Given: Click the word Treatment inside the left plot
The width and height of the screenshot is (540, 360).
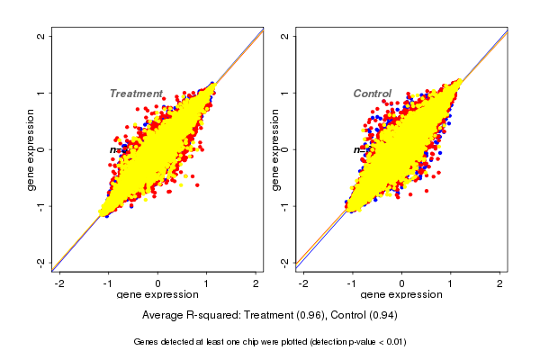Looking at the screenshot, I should [136, 94].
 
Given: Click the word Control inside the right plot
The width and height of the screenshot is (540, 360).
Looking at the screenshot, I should [372, 94].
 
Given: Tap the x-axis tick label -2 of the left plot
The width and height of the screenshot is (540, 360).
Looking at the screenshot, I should [58, 284].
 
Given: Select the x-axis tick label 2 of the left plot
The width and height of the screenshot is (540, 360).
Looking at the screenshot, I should [257, 284].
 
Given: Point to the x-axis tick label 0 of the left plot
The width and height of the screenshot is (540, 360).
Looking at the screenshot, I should [158, 284].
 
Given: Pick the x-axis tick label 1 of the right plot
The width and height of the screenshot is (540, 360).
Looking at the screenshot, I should [451, 284].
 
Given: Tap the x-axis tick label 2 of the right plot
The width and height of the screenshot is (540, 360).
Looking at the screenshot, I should [501, 284].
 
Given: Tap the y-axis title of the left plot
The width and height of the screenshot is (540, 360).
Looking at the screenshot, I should [31, 149].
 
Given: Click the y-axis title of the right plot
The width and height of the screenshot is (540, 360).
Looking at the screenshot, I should [275, 149].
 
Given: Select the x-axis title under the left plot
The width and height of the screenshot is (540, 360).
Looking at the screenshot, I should [157, 295].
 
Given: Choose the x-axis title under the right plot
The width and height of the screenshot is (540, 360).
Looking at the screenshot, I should [401, 295].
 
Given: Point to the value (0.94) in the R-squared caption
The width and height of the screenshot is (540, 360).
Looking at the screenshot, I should [384, 316].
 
